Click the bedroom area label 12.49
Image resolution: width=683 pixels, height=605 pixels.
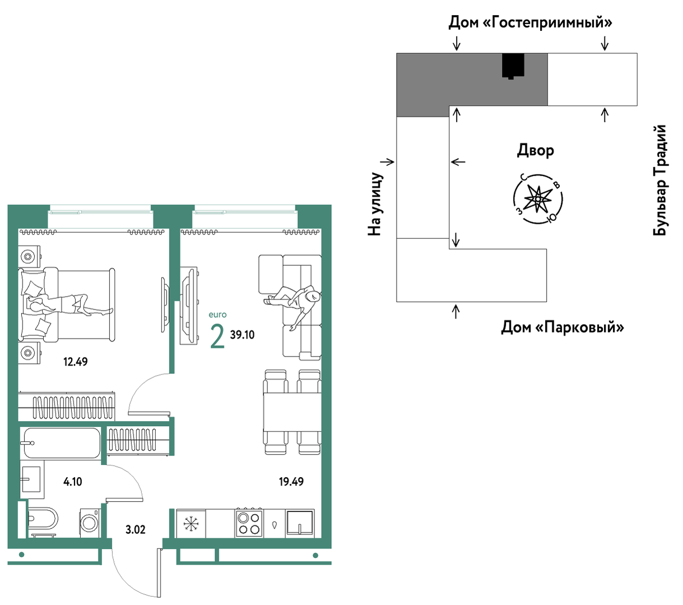(75, 362)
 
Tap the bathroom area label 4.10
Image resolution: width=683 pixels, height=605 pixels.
(72, 482)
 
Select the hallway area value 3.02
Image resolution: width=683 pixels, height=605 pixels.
(135, 529)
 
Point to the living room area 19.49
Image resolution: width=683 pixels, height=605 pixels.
(291, 482)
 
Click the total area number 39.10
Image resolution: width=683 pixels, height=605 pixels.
(242, 335)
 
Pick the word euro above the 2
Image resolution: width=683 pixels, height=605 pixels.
(217, 315)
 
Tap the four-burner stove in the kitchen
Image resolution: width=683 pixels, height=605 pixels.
(249, 523)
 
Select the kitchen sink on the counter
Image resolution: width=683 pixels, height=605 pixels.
(300, 524)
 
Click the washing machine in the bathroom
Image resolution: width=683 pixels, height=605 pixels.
(90, 523)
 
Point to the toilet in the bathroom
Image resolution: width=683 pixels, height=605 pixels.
(43, 518)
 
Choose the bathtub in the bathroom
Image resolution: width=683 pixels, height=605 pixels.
(61, 443)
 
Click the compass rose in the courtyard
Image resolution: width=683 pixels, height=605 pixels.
(538, 199)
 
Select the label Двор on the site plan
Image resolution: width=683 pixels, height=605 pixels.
(535, 150)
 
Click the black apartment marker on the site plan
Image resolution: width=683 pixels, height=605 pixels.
(513, 66)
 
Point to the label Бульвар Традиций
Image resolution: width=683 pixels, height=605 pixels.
(659, 180)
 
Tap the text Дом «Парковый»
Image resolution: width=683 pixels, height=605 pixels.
(563, 327)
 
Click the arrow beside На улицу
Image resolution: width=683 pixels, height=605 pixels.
(387, 162)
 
